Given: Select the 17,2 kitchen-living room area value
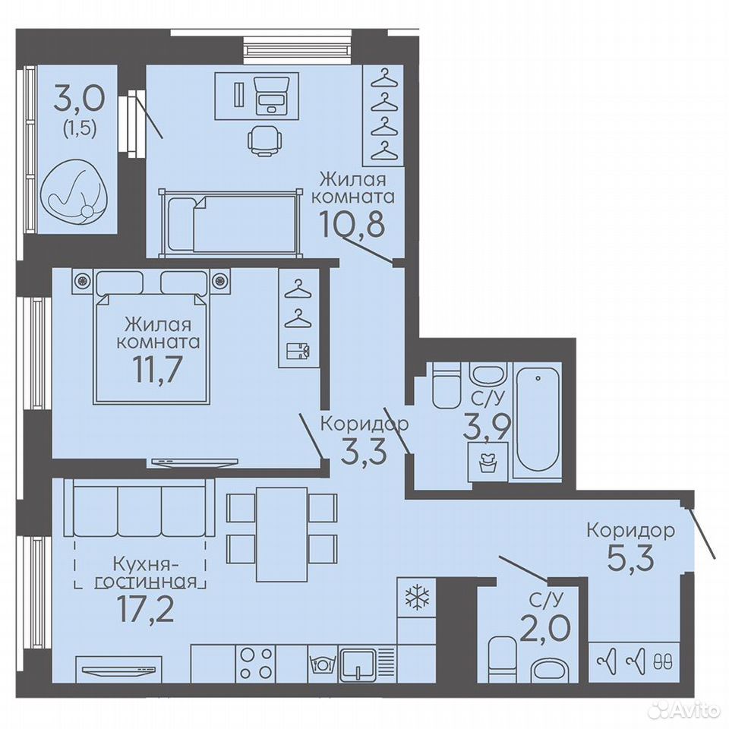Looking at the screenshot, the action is pos(147,610).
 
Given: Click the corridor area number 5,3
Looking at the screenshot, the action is pos(630,557).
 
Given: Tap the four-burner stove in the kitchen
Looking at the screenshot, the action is pos(255,664).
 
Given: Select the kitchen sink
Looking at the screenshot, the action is pos(358,664).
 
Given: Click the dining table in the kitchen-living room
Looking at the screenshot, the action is pos(282,534).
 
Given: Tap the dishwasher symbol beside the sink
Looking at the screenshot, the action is pos(321,663).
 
